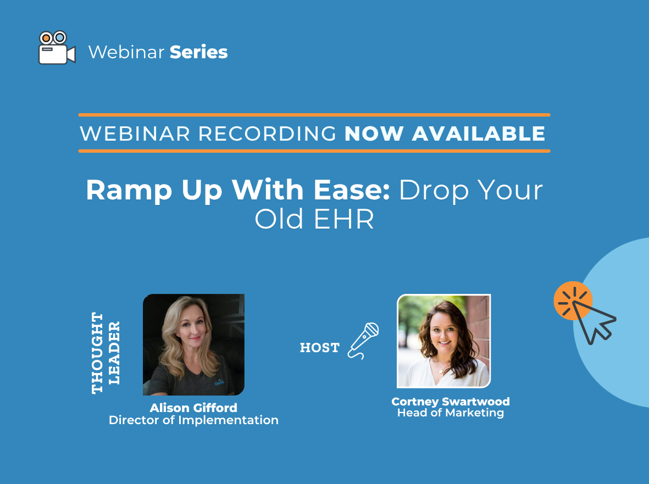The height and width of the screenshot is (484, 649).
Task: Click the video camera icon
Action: coord(56,48)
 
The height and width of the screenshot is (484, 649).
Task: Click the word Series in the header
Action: coord(198,52)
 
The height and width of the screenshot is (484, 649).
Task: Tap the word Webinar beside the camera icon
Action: coord(126,52)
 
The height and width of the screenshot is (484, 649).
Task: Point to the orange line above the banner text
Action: coord(314,115)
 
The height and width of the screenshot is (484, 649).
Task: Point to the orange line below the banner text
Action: coord(314,151)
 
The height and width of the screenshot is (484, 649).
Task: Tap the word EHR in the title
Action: coord(345,220)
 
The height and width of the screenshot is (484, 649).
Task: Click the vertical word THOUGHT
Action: coord(97,353)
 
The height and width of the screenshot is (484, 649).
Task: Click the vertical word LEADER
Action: coord(114,353)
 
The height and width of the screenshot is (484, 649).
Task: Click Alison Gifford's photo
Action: coord(193,344)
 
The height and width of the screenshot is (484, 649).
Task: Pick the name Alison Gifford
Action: coord(193,408)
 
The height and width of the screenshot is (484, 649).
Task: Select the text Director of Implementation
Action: coord(193,420)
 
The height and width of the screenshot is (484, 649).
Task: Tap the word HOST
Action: coord(319,348)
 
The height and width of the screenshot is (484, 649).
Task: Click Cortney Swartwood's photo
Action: coord(443,341)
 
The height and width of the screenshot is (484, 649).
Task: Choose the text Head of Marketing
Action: coord(450,413)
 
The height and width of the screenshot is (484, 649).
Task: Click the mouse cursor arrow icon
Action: coord(593,319)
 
